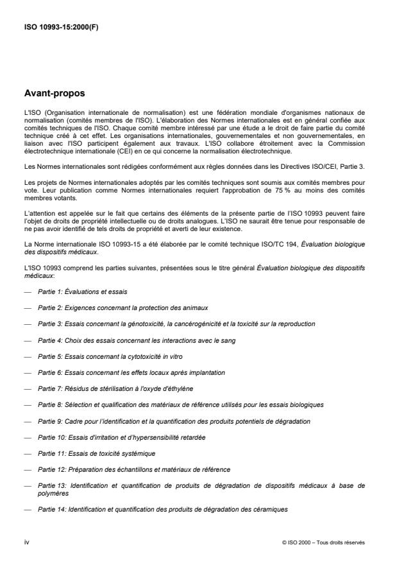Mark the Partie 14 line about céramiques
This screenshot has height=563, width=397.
(162, 509)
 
